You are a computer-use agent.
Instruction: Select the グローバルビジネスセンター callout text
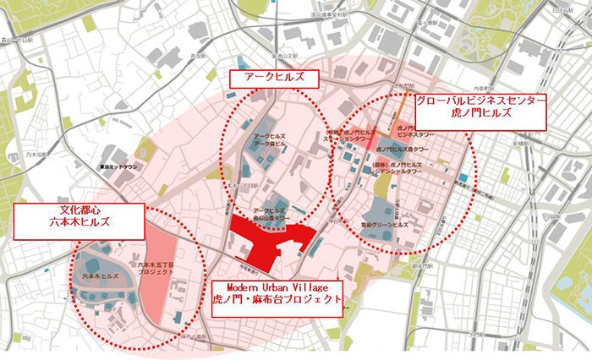coord(480,100)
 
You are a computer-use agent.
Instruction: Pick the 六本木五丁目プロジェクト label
coord(155,270)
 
